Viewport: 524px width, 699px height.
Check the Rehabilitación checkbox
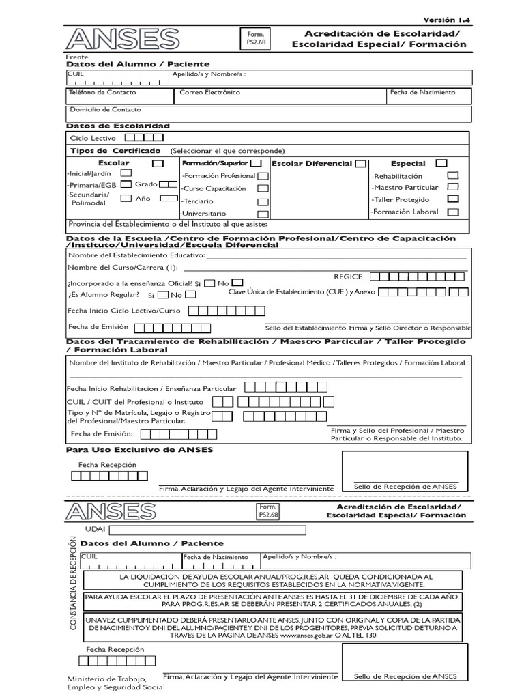(452, 175)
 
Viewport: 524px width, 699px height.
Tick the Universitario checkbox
(262, 214)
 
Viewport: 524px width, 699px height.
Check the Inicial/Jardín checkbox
(126, 173)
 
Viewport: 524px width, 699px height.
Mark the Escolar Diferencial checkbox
(360, 164)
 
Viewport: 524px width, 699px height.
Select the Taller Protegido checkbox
(452, 199)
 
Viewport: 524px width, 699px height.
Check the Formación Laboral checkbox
(452, 212)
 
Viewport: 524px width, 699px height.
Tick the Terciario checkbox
(262, 201)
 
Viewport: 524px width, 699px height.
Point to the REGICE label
(347, 276)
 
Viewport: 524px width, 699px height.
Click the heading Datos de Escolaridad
(117, 126)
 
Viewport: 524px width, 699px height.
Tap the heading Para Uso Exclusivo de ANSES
(139, 450)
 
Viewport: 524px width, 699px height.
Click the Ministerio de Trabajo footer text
(116, 683)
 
